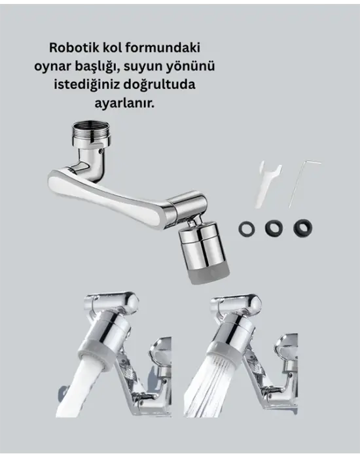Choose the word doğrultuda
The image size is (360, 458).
pyautogui.click(x=163, y=86)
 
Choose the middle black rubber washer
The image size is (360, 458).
pyautogui.click(x=272, y=228)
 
